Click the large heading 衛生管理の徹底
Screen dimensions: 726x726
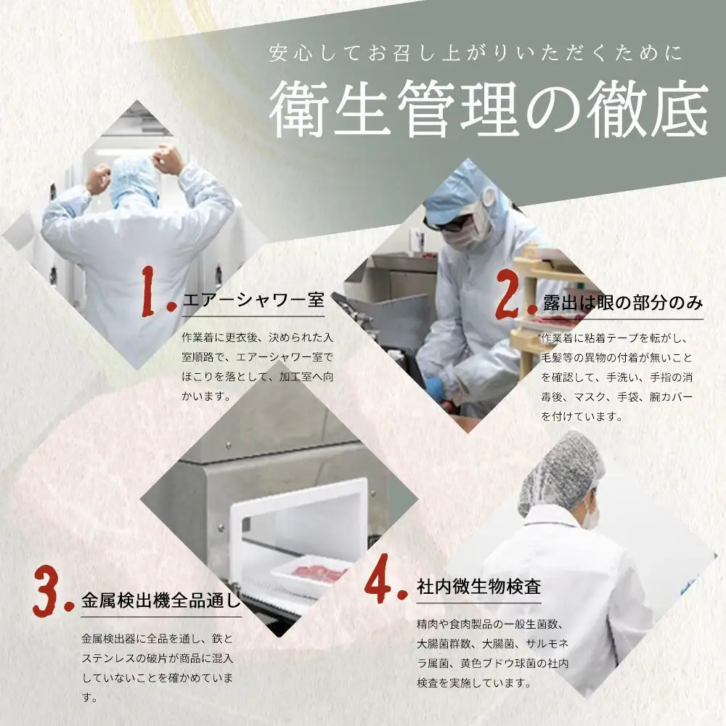(489, 110)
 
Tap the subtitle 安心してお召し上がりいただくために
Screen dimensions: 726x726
(476, 53)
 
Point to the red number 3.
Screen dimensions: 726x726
(53, 590)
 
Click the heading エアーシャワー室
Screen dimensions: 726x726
(253, 300)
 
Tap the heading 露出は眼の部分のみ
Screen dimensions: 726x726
(623, 303)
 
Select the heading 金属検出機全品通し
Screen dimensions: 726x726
(161, 600)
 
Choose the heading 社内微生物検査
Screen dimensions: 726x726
(478, 586)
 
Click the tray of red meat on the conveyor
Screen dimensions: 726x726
(309, 576)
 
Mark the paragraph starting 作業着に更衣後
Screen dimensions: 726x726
(258, 367)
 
